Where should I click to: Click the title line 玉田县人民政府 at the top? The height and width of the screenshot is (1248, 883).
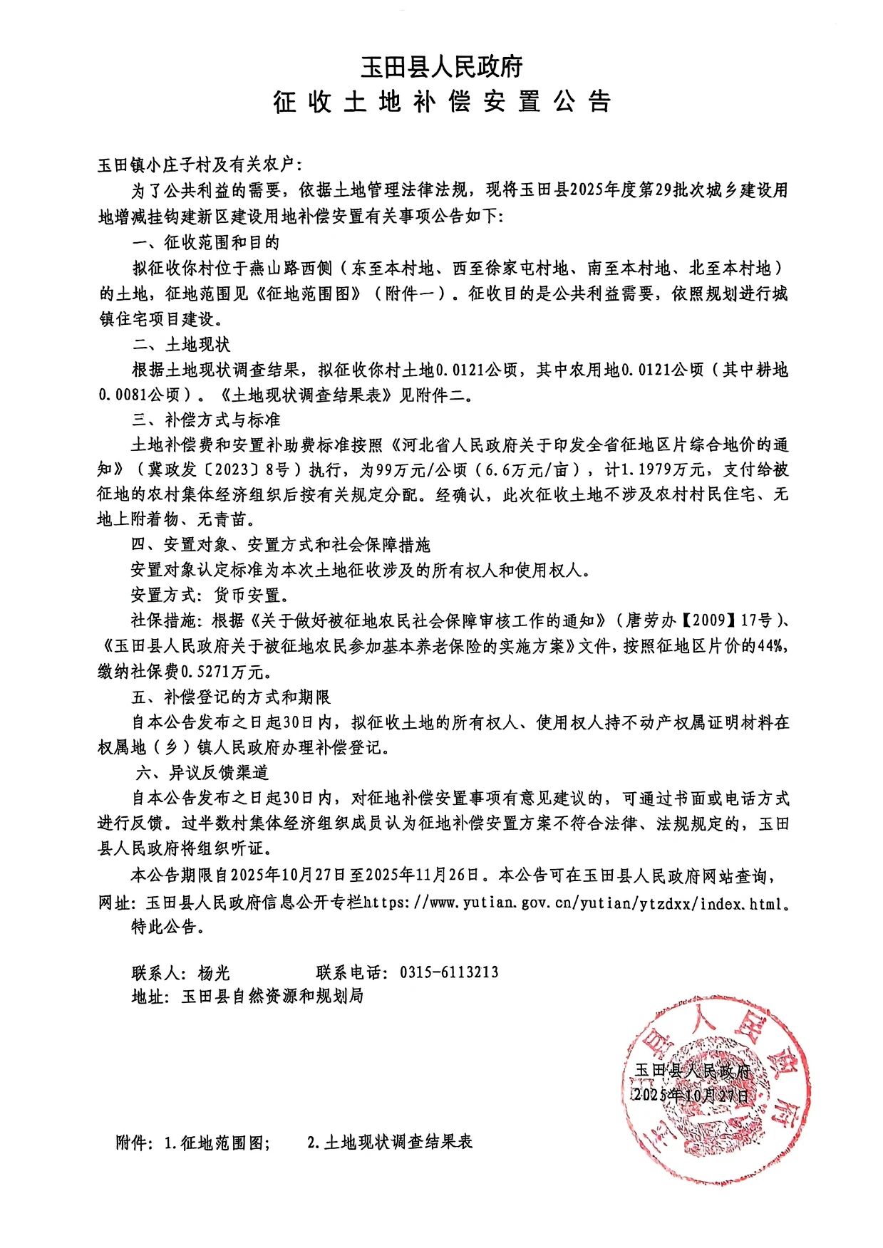point(441,67)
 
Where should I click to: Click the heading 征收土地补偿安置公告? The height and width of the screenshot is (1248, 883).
point(441,102)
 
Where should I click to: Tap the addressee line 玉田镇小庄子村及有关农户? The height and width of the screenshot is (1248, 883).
point(200,165)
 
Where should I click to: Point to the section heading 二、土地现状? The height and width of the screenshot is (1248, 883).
point(181,345)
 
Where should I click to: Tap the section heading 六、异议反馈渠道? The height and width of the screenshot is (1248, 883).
point(201,772)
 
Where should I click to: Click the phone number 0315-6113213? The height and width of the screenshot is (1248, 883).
point(449,972)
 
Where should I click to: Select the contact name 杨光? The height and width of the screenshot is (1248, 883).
point(214,972)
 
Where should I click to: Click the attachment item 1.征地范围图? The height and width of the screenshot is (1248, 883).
point(217,1143)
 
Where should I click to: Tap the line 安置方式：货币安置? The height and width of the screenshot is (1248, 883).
point(210,595)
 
